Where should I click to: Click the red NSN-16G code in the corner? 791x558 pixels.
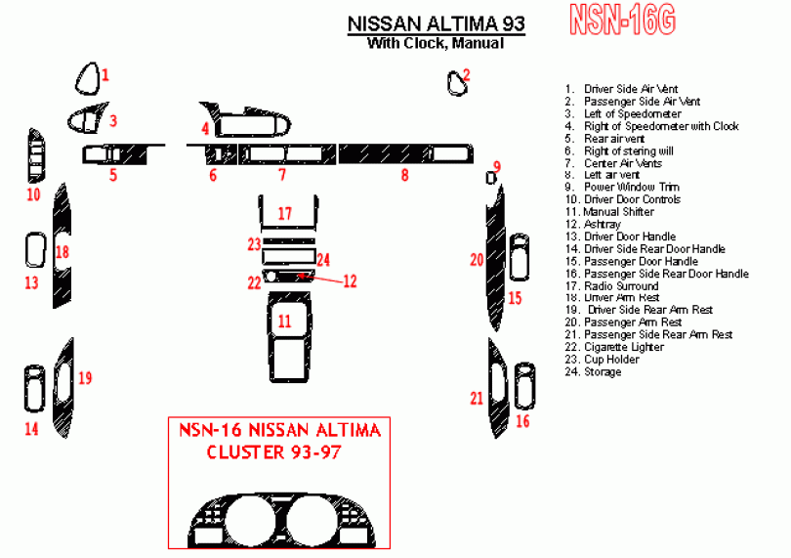tap(623, 21)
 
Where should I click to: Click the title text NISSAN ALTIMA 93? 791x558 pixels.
tap(436, 23)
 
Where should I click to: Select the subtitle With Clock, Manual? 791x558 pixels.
tap(436, 43)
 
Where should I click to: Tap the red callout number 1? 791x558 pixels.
tap(105, 74)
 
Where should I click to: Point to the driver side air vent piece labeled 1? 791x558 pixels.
tap(88, 78)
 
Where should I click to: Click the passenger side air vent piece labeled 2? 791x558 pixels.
tap(456, 84)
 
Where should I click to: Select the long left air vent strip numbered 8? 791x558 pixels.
tap(404, 153)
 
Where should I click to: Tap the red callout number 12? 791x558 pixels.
tap(350, 280)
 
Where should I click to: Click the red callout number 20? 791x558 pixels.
tap(477, 259)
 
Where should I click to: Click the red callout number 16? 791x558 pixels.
tap(522, 421)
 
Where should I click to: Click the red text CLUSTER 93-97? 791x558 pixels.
tap(276, 453)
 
